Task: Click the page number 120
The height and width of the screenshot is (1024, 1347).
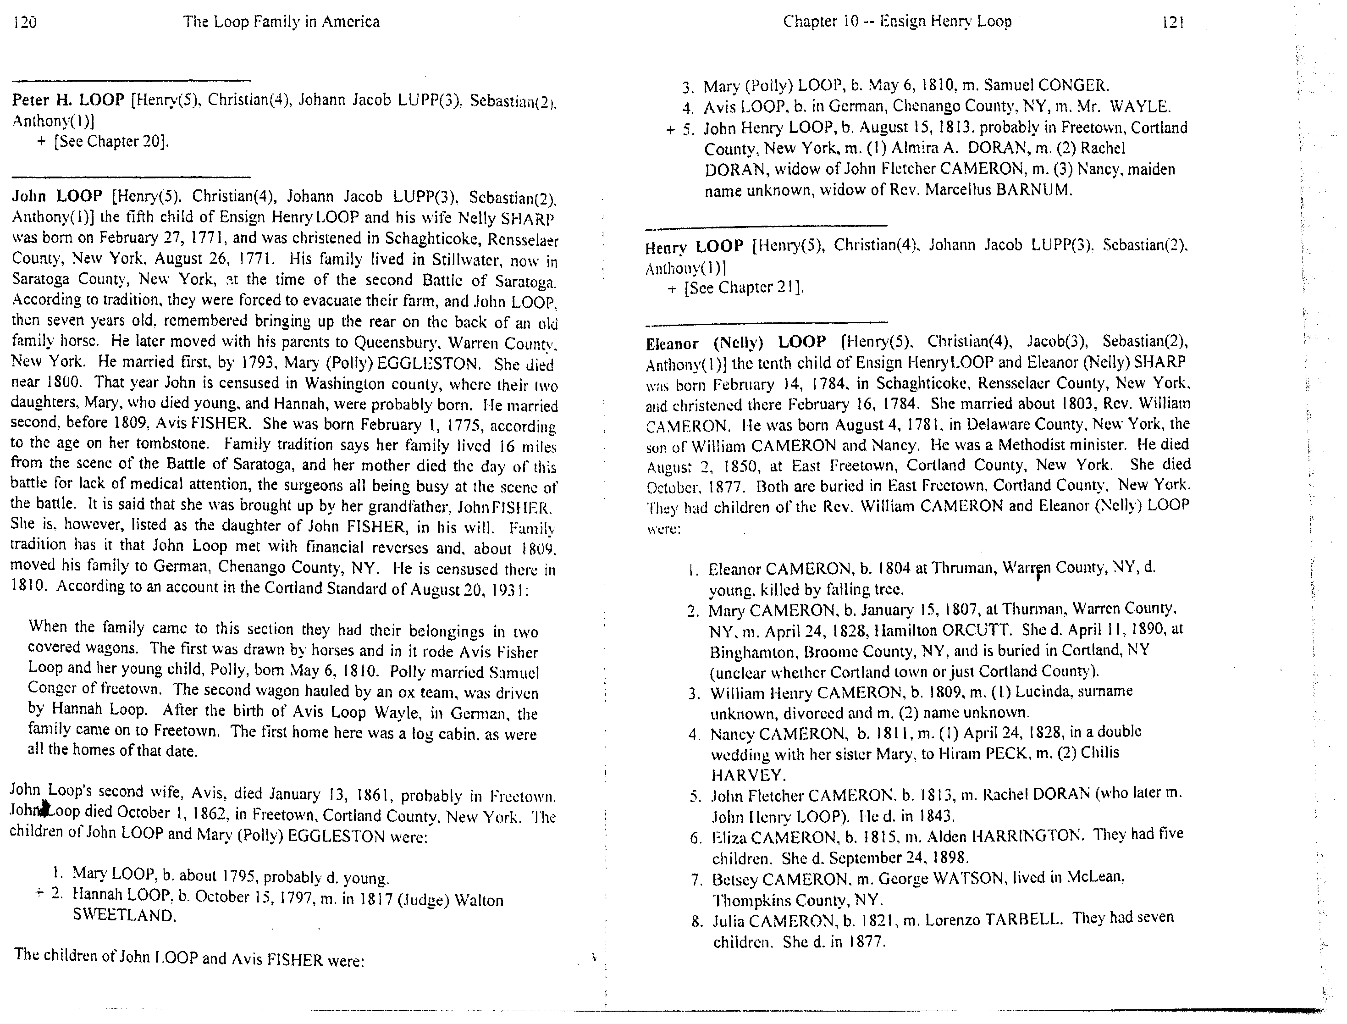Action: click(x=24, y=22)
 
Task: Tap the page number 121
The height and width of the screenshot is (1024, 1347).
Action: click(x=1173, y=22)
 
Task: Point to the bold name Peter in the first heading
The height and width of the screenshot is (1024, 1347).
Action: click(x=30, y=100)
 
